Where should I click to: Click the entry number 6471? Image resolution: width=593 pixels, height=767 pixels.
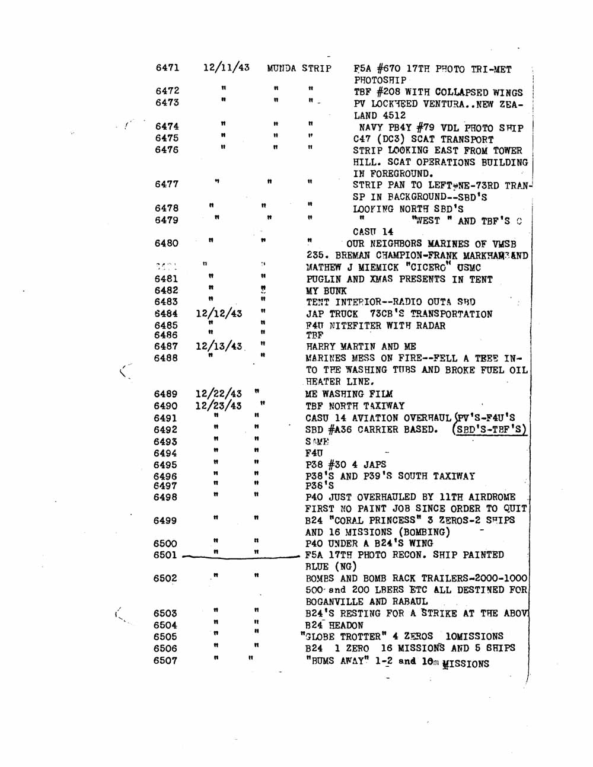coord(167,68)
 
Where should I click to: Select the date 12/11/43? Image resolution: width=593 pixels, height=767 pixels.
coord(226,67)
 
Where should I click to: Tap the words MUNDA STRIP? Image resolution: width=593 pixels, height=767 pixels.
coord(299,68)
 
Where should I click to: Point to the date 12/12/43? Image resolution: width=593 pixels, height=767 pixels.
coord(218,314)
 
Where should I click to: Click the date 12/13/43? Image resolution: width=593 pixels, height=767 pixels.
coord(219,346)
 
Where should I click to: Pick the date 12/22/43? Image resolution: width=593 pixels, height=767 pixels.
coord(218,394)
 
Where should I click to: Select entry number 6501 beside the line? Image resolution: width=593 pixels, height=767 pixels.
coord(165,555)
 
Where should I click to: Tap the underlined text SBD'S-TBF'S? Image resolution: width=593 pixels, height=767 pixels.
coord(490,429)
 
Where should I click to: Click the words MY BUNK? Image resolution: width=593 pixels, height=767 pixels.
coord(326,291)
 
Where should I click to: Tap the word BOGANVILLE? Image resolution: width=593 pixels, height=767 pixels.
coord(334,602)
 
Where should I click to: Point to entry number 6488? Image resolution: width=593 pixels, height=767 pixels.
coord(165,358)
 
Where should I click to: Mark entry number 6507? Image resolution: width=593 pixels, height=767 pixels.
coord(165,660)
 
